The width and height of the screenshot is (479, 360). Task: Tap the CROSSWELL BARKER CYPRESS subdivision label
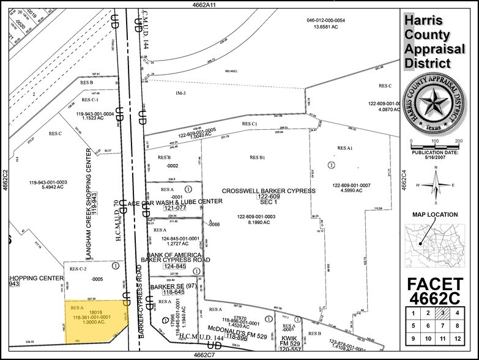(x=269, y=191)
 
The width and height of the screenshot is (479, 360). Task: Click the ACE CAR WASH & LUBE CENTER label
(x=175, y=201)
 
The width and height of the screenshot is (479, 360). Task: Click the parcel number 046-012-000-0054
(x=326, y=20)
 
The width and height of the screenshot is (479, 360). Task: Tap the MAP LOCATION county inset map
(x=435, y=241)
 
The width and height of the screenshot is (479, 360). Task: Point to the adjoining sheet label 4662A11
(x=199, y=4)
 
